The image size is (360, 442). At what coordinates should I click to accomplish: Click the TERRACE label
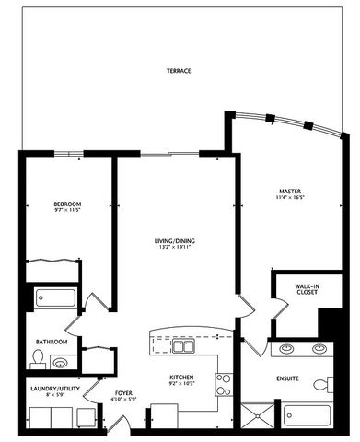coord(179,71)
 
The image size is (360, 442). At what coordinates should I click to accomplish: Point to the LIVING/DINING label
coord(174,241)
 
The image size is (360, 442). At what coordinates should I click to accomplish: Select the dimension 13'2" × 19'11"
coord(174,249)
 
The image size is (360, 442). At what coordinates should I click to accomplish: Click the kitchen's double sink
coord(185,348)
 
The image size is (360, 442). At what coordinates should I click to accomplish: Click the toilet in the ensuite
coord(321,385)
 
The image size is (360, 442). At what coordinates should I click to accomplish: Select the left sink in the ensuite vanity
coord(285,349)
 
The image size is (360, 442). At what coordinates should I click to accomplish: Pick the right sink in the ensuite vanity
coord(319,349)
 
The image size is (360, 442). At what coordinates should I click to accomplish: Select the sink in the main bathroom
coord(61,364)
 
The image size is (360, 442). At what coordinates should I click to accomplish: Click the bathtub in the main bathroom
coord(55,299)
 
